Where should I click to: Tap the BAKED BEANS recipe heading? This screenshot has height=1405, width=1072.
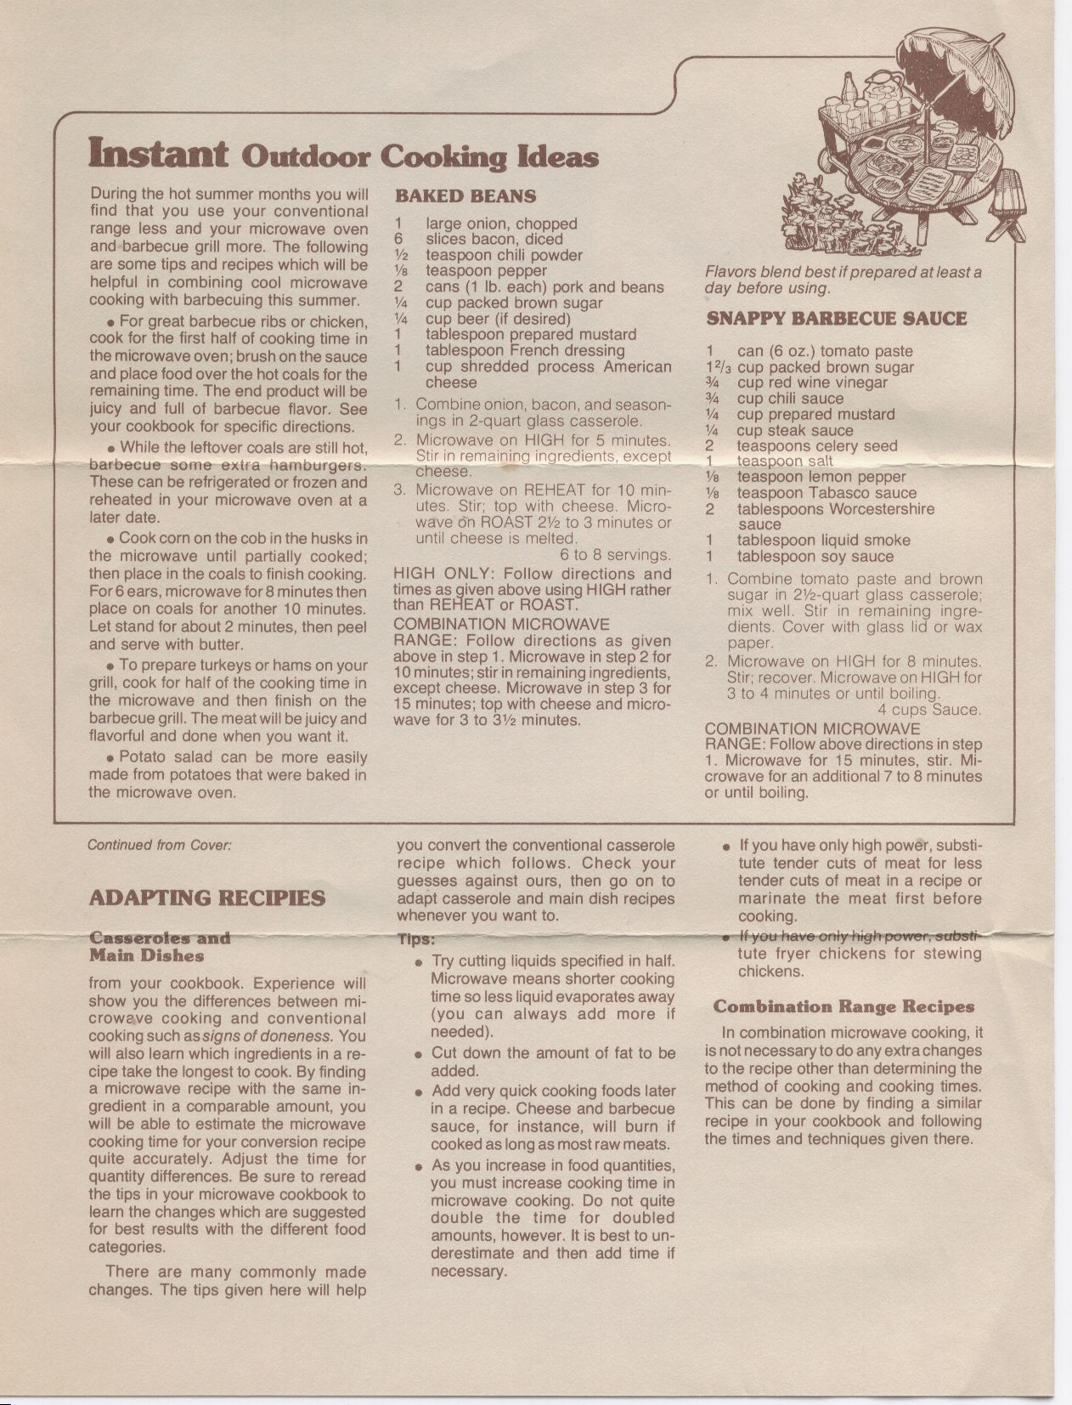pos(465,196)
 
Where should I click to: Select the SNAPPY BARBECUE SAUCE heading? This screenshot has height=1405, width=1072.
pos(836,319)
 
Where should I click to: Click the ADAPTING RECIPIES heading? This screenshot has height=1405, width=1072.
pos(206,898)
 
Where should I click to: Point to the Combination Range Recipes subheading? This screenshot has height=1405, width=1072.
pos(843,1007)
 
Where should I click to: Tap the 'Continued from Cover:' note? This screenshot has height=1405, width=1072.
pos(159,845)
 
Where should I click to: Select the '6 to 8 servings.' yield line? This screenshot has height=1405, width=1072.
pos(615,555)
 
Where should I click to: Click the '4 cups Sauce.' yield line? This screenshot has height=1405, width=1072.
pos(929,710)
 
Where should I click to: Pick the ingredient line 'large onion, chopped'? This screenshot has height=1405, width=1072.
pos(500,224)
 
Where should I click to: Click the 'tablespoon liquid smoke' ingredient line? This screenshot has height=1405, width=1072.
pos(822,541)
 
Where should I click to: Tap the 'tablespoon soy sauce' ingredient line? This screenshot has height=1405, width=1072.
pos(815,557)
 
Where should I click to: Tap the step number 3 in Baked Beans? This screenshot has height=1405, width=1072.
pos(398,490)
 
